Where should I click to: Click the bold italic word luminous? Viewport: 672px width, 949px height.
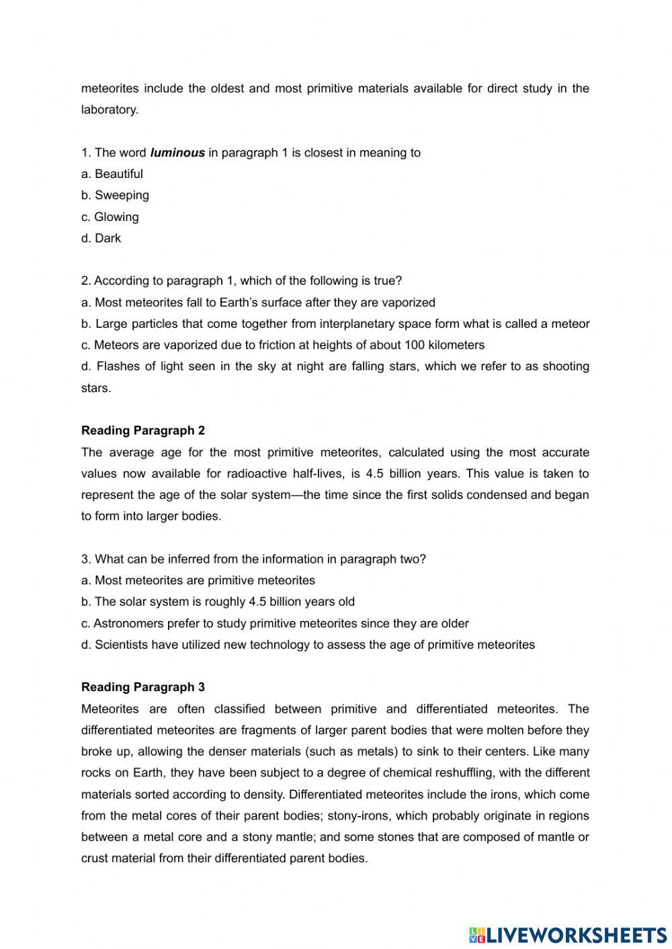pyautogui.click(x=177, y=152)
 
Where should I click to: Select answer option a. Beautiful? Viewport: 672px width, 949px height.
pyautogui.click(x=112, y=174)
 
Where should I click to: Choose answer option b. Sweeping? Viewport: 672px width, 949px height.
pyautogui.click(x=115, y=195)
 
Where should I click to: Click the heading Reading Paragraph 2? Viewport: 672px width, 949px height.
pyautogui.click(x=143, y=431)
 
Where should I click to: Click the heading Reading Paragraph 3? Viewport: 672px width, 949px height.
pyautogui.click(x=143, y=687)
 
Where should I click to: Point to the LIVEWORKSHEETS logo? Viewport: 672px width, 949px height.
pyautogui.click(x=567, y=934)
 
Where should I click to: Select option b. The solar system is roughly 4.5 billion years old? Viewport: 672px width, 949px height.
pyautogui.click(x=218, y=602)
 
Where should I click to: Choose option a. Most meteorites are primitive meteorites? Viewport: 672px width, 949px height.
pyautogui.click(x=198, y=580)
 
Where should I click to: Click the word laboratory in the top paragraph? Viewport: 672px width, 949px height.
pyautogui.click(x=109, y=110)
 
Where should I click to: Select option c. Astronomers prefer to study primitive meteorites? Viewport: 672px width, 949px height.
pyautogui.click(x=275, y=623)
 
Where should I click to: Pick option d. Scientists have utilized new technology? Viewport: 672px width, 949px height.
pyautogui.click(x=308, y=645)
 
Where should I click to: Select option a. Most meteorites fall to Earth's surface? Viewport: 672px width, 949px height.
pyautogui.click(x=258, y=302)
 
